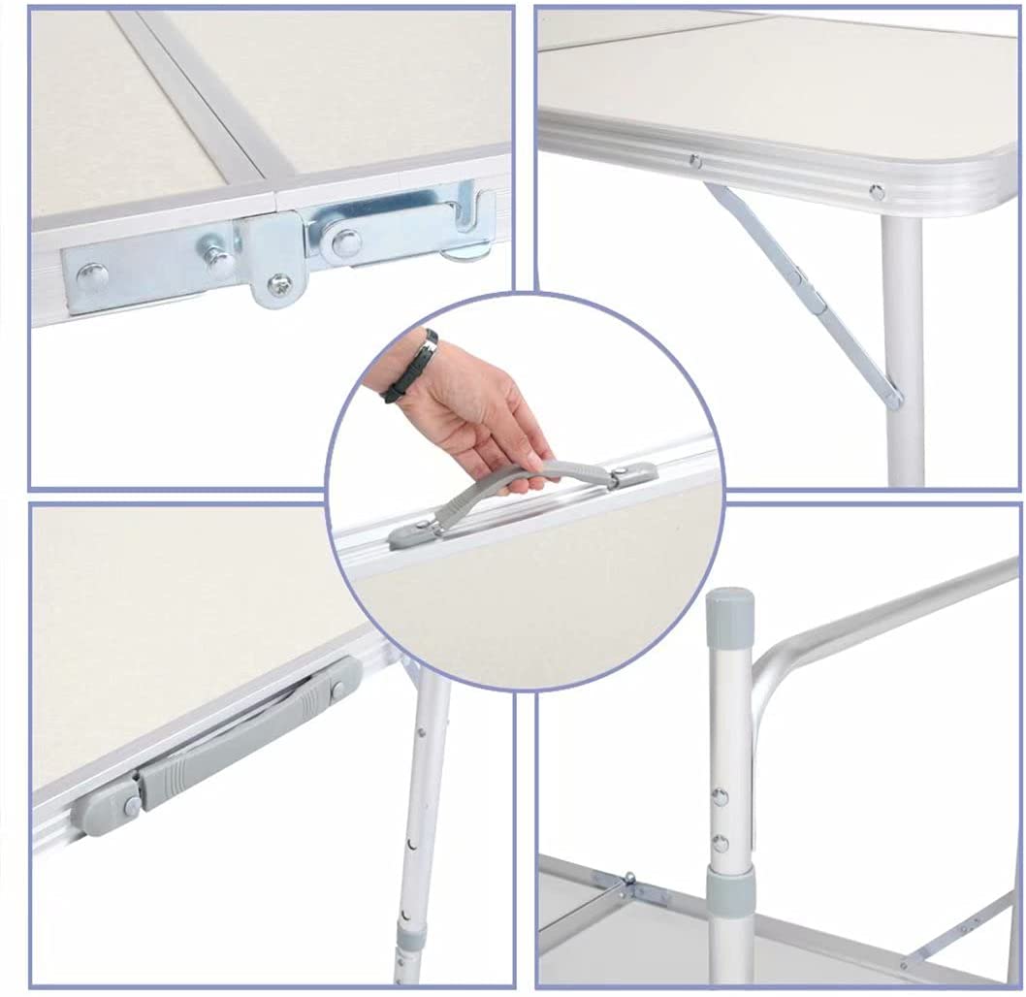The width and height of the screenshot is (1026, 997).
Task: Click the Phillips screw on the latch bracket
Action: pyautogui.click(x=278, y=284)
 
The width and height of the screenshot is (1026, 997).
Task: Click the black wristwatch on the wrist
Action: pyautogui.click(x=411, y=368)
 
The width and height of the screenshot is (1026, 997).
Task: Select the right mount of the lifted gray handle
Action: pyautogui.click(x=631, y=475)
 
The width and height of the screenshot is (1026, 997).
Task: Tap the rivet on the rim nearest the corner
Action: pyautogui.click(x=877, y=191)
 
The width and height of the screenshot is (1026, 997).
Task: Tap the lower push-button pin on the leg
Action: pyautogui.click(x=720, y=842)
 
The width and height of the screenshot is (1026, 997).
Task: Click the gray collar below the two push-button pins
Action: pyautogui.click(x=731, y=888)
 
